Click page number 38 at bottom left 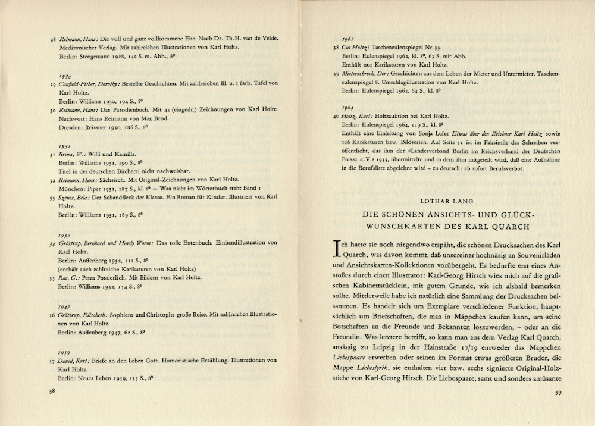point(52,391)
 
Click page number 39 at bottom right point(558,392)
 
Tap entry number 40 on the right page point(336,117)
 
